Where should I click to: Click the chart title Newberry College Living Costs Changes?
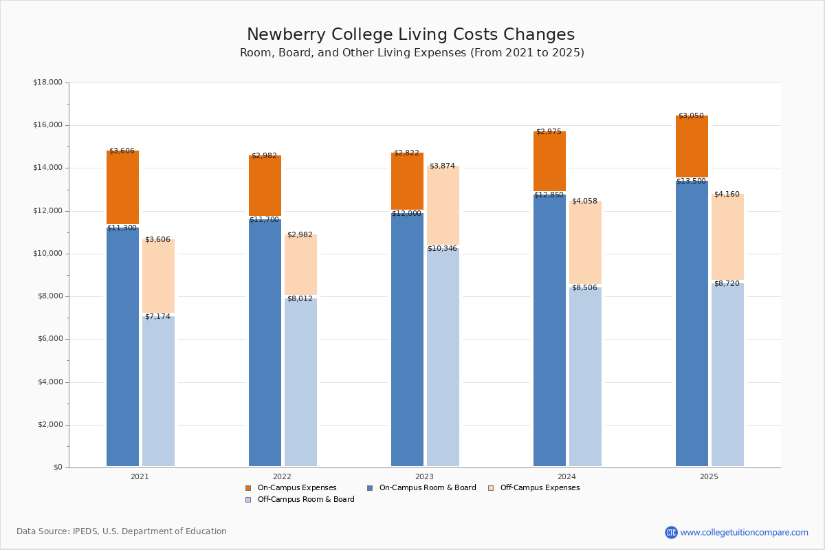point(410,35)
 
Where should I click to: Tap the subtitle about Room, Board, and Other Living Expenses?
point(412,53)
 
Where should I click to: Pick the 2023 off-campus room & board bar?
point(443,357)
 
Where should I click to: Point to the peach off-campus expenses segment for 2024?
point(585,242)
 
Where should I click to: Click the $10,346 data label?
point(443,249)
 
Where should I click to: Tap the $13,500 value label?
point(691,181)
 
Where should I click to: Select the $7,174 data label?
point(157,317)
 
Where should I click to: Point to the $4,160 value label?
point(727,195)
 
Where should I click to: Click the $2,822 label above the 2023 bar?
point(406,153)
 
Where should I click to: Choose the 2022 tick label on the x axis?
point(282,476)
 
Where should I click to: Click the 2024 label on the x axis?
point(566,476)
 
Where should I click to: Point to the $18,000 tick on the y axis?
point(47,82)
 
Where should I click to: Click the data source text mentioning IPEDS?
point(122,531)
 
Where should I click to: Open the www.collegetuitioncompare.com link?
point(744,532)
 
